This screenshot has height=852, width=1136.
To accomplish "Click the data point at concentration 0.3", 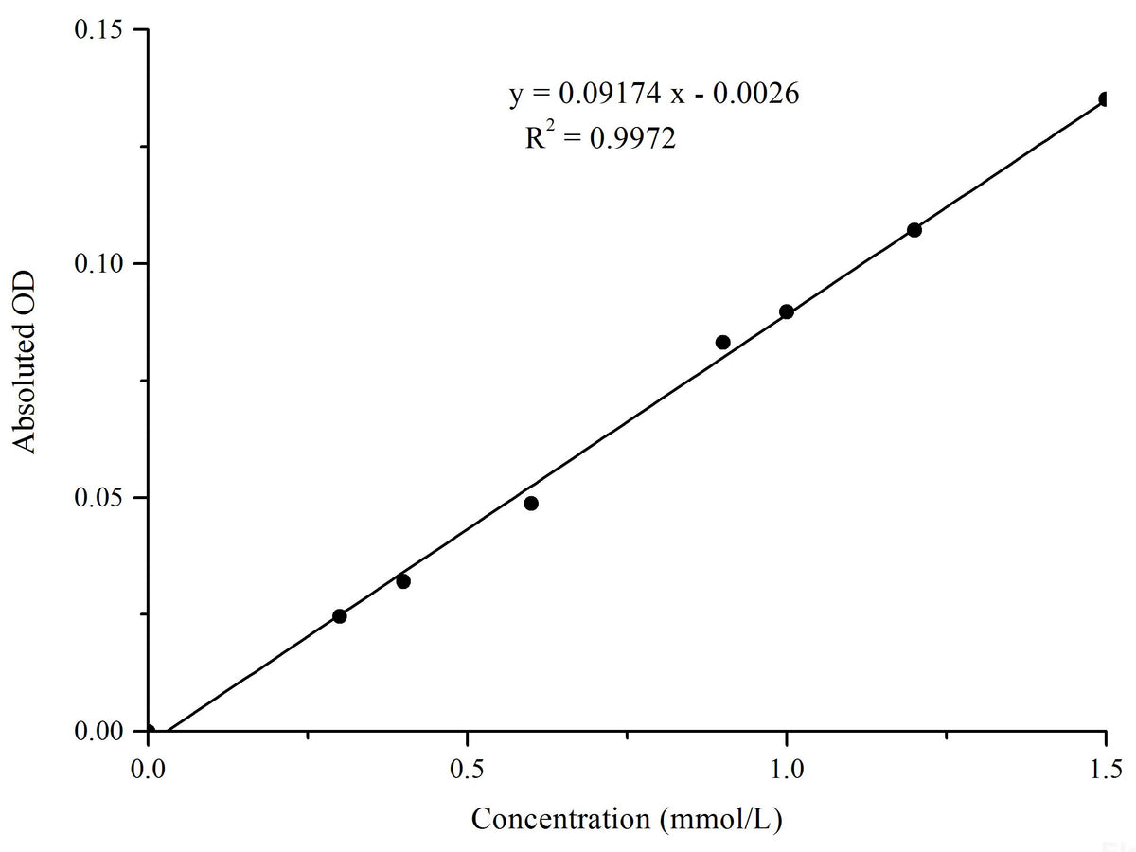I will (x=339, y=616).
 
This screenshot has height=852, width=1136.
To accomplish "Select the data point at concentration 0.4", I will (x=403, y=581).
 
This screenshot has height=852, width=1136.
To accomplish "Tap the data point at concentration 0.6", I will (x=531, y=504).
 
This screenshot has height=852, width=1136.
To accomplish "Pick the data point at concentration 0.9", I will (x=722, y=342).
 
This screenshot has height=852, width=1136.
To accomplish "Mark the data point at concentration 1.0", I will (x=787, y=311).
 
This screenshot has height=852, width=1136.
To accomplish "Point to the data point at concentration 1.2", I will (x=914, y=230).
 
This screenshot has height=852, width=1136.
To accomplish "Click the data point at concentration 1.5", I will (x=1105, y=99).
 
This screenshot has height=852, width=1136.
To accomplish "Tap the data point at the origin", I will (x=149, y=731).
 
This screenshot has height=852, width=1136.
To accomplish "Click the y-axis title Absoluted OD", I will (x=27, y=362).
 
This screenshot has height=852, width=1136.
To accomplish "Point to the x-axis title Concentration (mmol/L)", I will (x=627, y=818).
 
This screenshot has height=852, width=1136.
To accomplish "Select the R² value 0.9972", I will (x=633, y=140).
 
